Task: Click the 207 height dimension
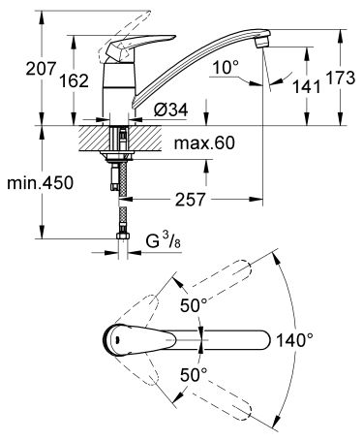[x=41, y=69]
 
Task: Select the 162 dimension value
[x=74, y=80]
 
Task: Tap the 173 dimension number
[x=340, y=78]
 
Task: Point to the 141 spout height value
[x=307, y=86]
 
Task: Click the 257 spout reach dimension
[x=190, y=200]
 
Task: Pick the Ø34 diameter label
[x=170, y=110]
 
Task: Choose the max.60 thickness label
[x=204, y=142]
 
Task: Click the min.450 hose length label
[x=41, y=182]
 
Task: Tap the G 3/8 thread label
[x=164, y=240]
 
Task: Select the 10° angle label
[x=226, y=68]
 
